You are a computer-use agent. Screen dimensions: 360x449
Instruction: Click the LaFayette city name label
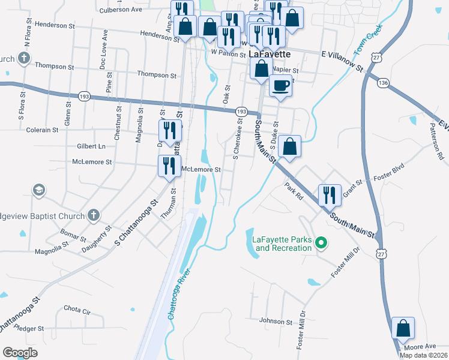tap(270, 54)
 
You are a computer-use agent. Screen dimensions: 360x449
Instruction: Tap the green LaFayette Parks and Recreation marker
tap(321, 243)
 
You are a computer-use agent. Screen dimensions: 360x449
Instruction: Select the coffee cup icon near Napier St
tap(280, 86)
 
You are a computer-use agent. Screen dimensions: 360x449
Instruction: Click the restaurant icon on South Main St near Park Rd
tap(330, 195)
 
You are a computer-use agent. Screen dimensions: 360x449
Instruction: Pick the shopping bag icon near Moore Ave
tap(403, 328)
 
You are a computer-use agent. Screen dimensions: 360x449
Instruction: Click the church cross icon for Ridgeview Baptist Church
tap(93, 214)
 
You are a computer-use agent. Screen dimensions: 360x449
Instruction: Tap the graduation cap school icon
tap(39, 190)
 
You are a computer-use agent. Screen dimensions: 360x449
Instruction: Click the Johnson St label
tap(276, 322)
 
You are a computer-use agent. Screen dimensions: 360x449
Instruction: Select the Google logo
tap(20, 353)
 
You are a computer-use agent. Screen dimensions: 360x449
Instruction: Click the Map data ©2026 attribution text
tap(423, 355)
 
